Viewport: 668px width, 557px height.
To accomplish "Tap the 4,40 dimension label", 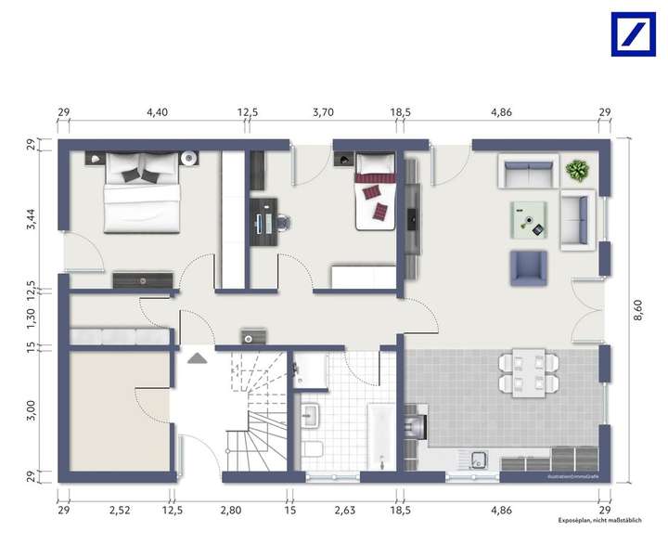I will coord(157,112).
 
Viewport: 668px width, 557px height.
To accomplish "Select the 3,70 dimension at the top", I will coord(323,112).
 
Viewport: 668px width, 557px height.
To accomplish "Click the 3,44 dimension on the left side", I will coord(32,219).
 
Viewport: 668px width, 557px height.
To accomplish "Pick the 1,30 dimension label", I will coord(32,318).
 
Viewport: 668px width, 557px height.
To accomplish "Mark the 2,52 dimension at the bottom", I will coord(118,510).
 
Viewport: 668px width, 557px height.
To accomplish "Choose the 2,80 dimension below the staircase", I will coord(231,510).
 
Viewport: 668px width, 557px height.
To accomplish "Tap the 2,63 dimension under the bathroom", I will coord(343,510).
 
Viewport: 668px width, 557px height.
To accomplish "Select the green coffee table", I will coord(528,222).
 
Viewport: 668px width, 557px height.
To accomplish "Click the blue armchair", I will coord(528,267).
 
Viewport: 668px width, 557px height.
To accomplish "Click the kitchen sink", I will coord(480,459).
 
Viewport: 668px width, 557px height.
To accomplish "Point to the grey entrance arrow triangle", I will coord(197,356).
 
